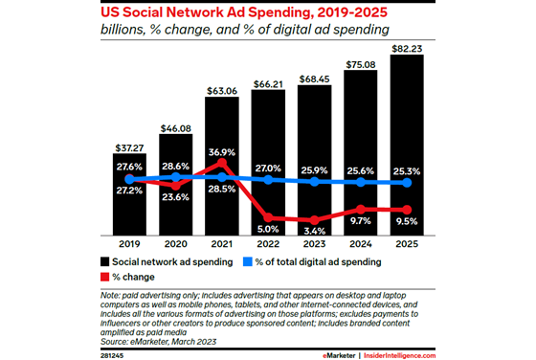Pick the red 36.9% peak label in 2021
(x=221, y=150)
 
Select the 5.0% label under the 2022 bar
(x=268, y=229)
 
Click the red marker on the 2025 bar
(x=410, y=210)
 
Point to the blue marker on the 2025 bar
(x=410, y=182)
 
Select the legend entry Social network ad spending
(x=163, y=261)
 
